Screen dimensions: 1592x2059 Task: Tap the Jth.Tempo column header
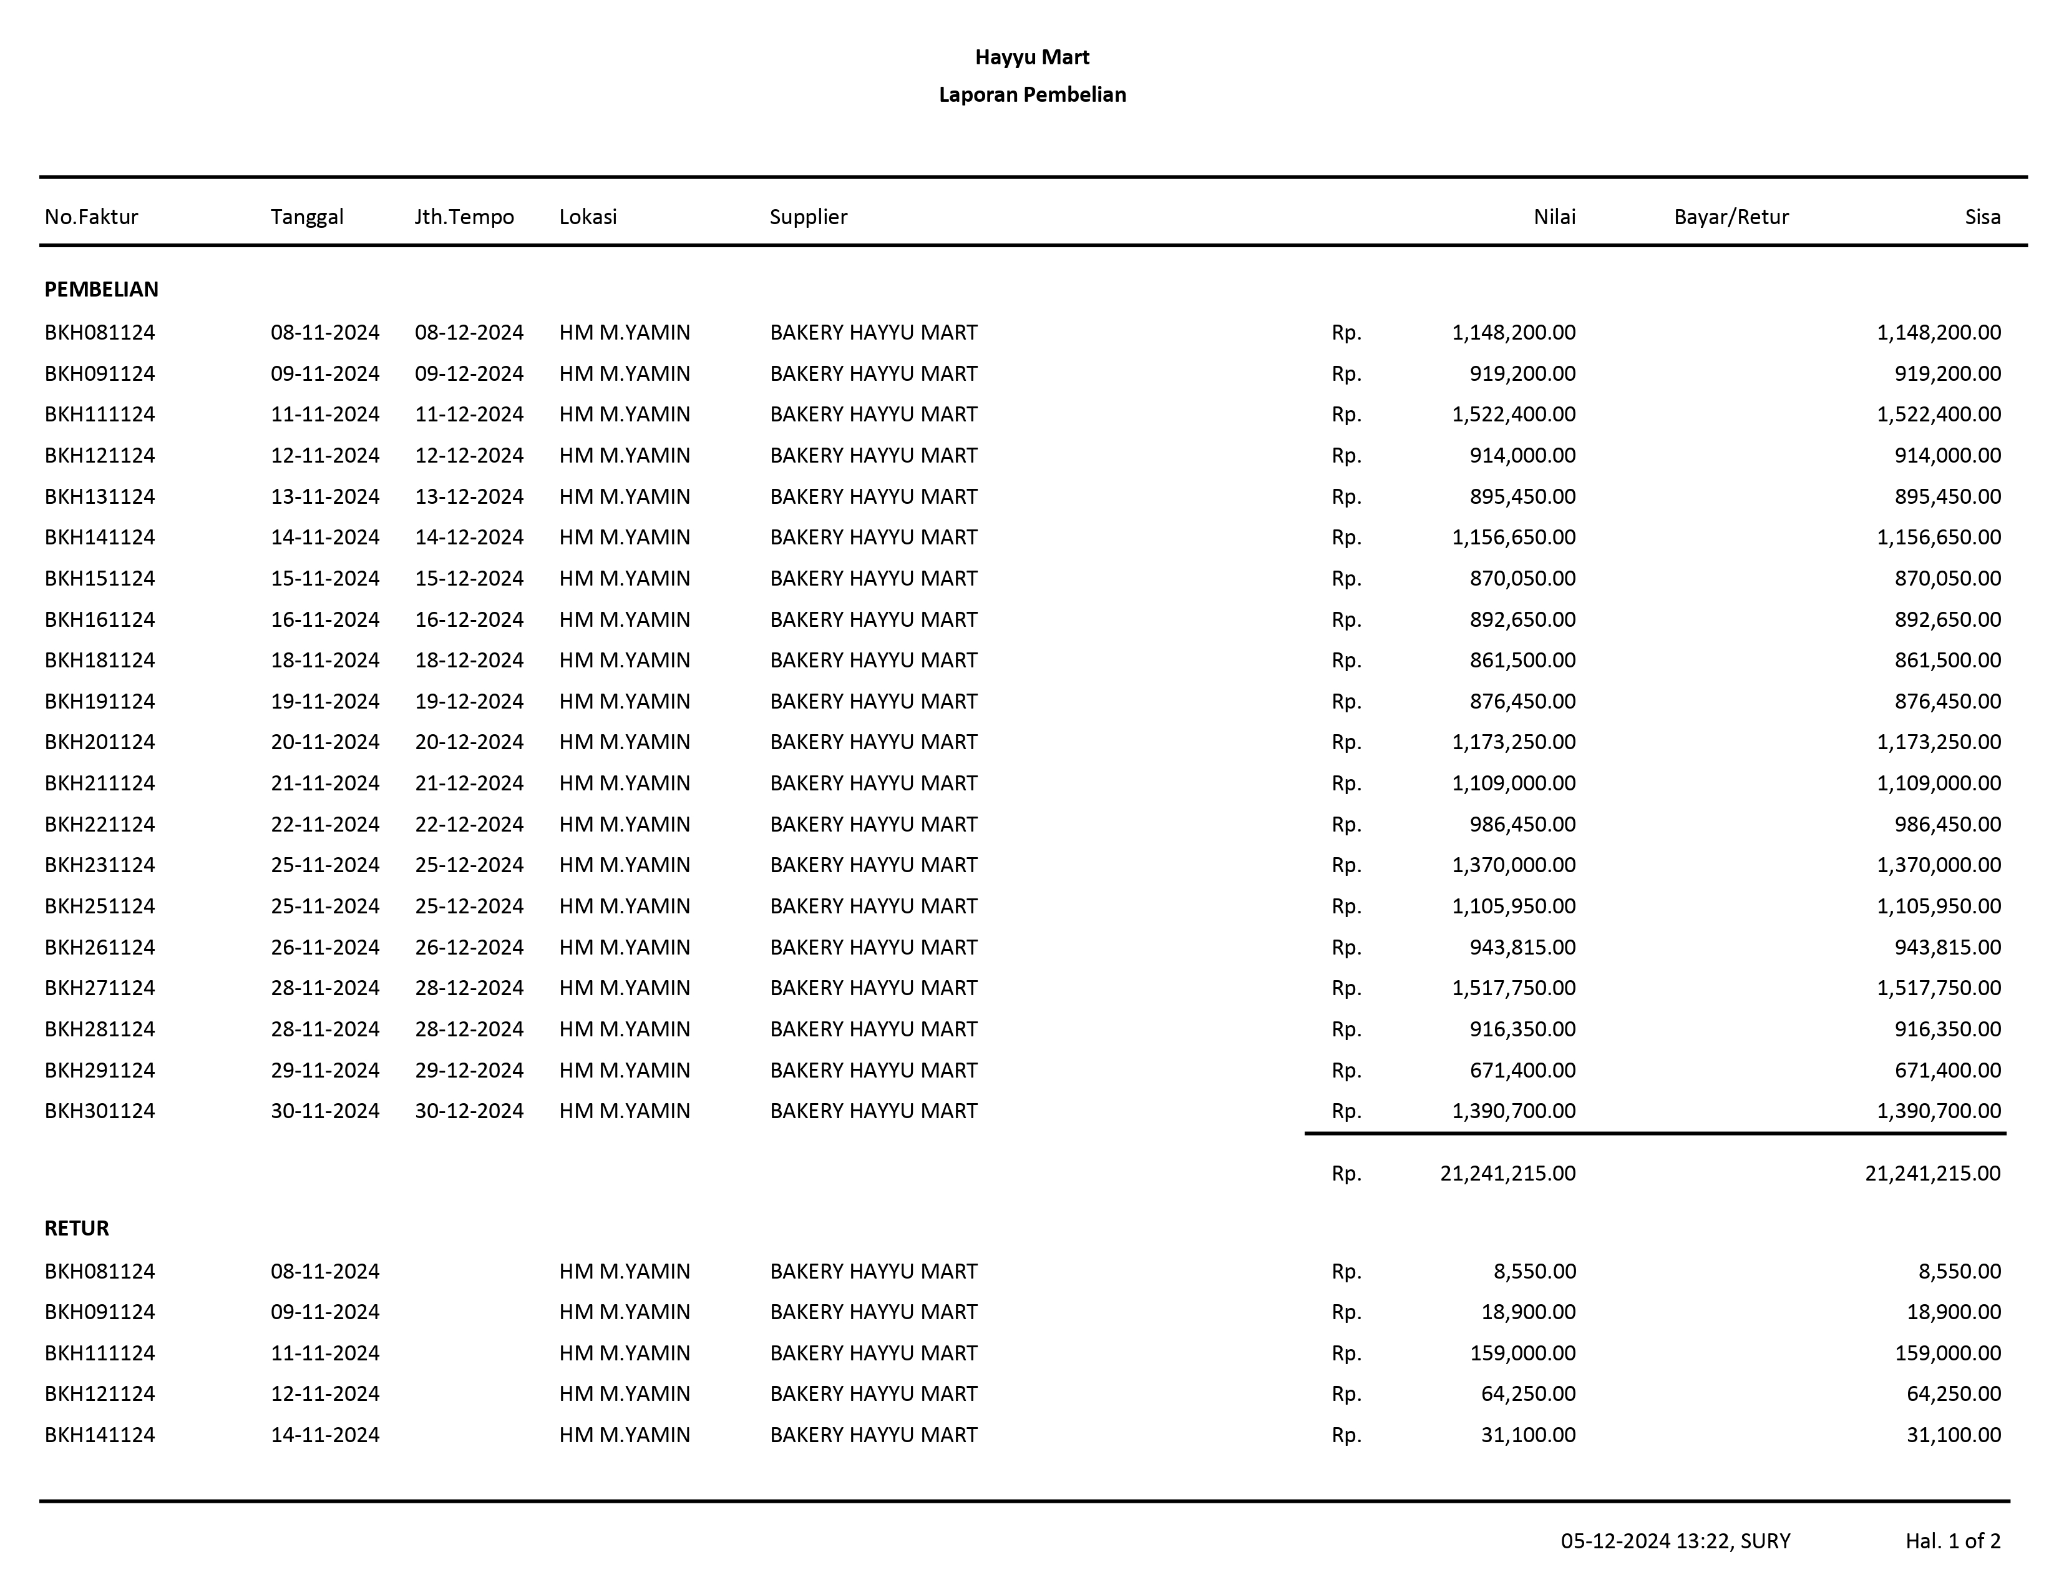point(464,217)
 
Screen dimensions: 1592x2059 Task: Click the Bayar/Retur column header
point(1730,217)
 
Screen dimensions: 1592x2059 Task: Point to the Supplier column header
point(808,217)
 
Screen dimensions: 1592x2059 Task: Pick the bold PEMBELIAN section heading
point(101,290)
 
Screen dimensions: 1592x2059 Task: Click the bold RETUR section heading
point(76,1228)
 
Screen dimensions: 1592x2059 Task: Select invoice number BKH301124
point(99,1111)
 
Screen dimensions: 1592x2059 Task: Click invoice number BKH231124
point(99,865)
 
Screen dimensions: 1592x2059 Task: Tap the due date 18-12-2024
point(469,660)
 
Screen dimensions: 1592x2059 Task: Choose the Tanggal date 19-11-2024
point(324,702)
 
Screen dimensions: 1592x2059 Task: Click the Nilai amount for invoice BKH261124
point(1522,947)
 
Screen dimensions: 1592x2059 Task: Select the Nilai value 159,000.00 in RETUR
point(1522,1354)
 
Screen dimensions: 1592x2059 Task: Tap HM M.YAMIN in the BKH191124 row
point(624,702)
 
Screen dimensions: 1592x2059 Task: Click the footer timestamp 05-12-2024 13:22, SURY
point(1675,1541)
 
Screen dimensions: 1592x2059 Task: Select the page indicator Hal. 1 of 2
point(1952,1541)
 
